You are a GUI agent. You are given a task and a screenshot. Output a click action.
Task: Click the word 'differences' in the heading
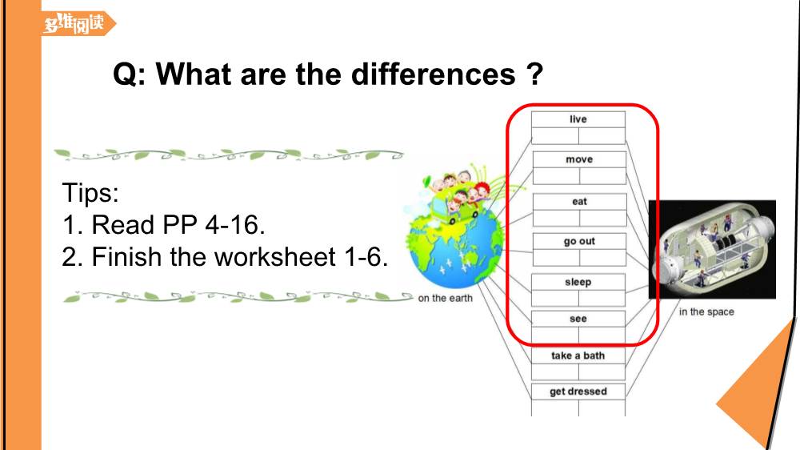pos(433,74)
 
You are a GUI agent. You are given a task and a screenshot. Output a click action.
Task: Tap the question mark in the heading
pos(534,74)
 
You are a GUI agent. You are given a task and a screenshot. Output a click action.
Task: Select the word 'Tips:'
pos(90,192)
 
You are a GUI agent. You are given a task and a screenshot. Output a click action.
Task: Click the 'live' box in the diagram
pos(578,119)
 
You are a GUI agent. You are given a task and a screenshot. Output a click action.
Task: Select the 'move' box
pos(579,159)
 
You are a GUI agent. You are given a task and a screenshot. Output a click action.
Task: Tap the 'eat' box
pos(579,201)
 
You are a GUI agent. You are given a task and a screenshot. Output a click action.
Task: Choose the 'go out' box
pos(579,241)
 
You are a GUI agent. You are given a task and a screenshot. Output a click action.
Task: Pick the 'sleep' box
pos(578,282)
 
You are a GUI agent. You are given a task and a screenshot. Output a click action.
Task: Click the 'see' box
pos(578,319)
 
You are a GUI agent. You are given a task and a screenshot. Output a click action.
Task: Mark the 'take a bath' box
pos(578,356)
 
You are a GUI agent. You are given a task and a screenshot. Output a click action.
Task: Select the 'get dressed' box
pos(578,392)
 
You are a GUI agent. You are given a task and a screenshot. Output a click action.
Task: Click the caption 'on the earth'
pos(445,299)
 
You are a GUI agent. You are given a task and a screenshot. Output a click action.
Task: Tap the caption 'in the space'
pos(706,311)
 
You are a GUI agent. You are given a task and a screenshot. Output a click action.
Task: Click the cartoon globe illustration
pos(456,247)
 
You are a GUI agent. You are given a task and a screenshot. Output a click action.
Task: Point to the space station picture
pos(712,249)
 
